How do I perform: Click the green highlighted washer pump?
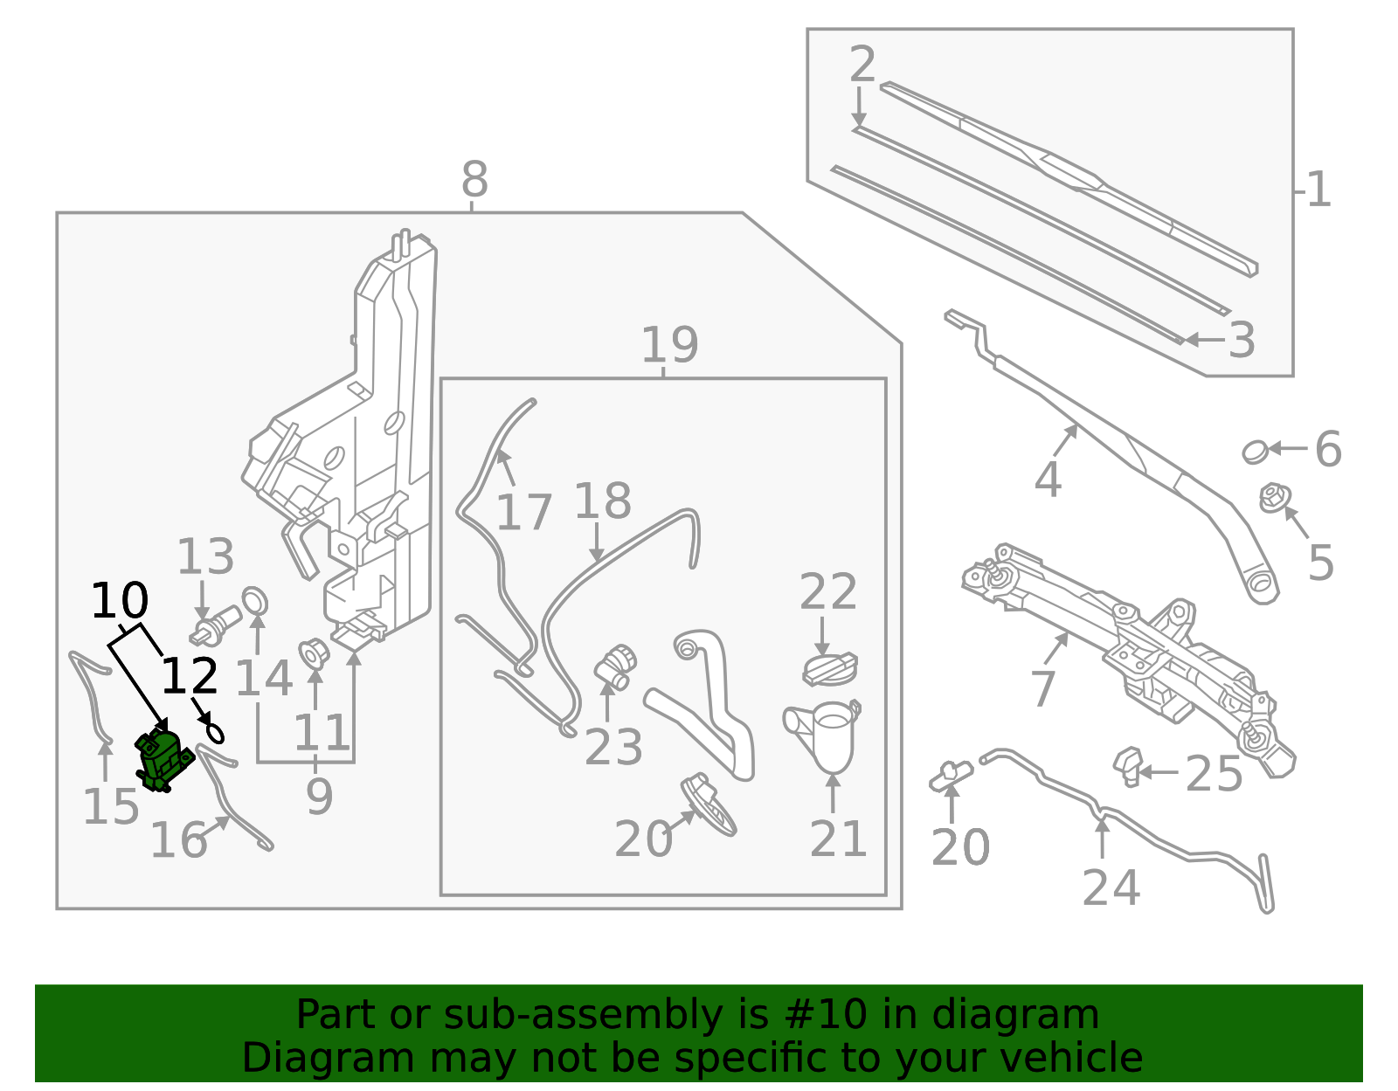tap(163, 759)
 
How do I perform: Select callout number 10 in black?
tap(120, 601)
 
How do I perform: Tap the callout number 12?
tap(190, 676)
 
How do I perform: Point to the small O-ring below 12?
tap(214, 732)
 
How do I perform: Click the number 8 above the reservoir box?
tap(474, 180)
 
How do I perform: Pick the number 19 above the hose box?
tap(669, 345)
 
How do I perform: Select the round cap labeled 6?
tap(1255, 452)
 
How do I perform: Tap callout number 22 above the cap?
tap(827, 592)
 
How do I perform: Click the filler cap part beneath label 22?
tap(829, 670)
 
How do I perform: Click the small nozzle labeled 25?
tap(1127, 765)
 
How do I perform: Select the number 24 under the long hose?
tap(1111, 887)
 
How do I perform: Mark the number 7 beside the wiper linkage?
tap(1043, 689)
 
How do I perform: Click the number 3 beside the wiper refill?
tap(1242, 340)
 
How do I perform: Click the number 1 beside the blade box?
tap(1318, 190)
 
